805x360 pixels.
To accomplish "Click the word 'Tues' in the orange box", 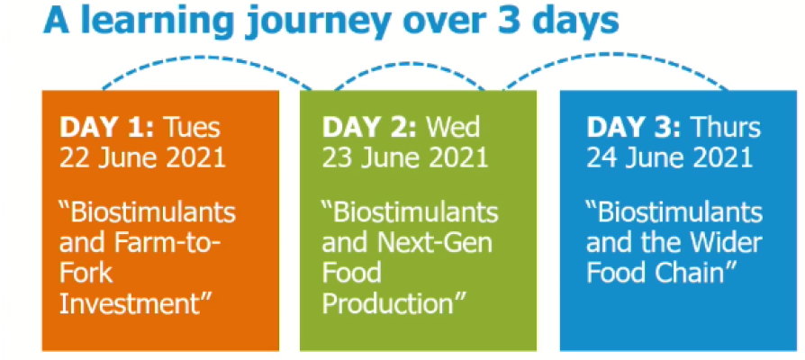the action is click(x=191, y=128).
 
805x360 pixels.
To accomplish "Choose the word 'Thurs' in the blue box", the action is click(x=725, y=128).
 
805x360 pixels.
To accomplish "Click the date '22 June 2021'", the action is click(x=143, y=157).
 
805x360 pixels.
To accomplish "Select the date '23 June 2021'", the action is click(x=405, y=157).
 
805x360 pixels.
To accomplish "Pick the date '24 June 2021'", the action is click(x=669, y=157).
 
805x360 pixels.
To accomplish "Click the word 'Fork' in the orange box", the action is click(x=86, y=273).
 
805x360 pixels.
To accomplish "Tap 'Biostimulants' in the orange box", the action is click(x=148, y=211).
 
